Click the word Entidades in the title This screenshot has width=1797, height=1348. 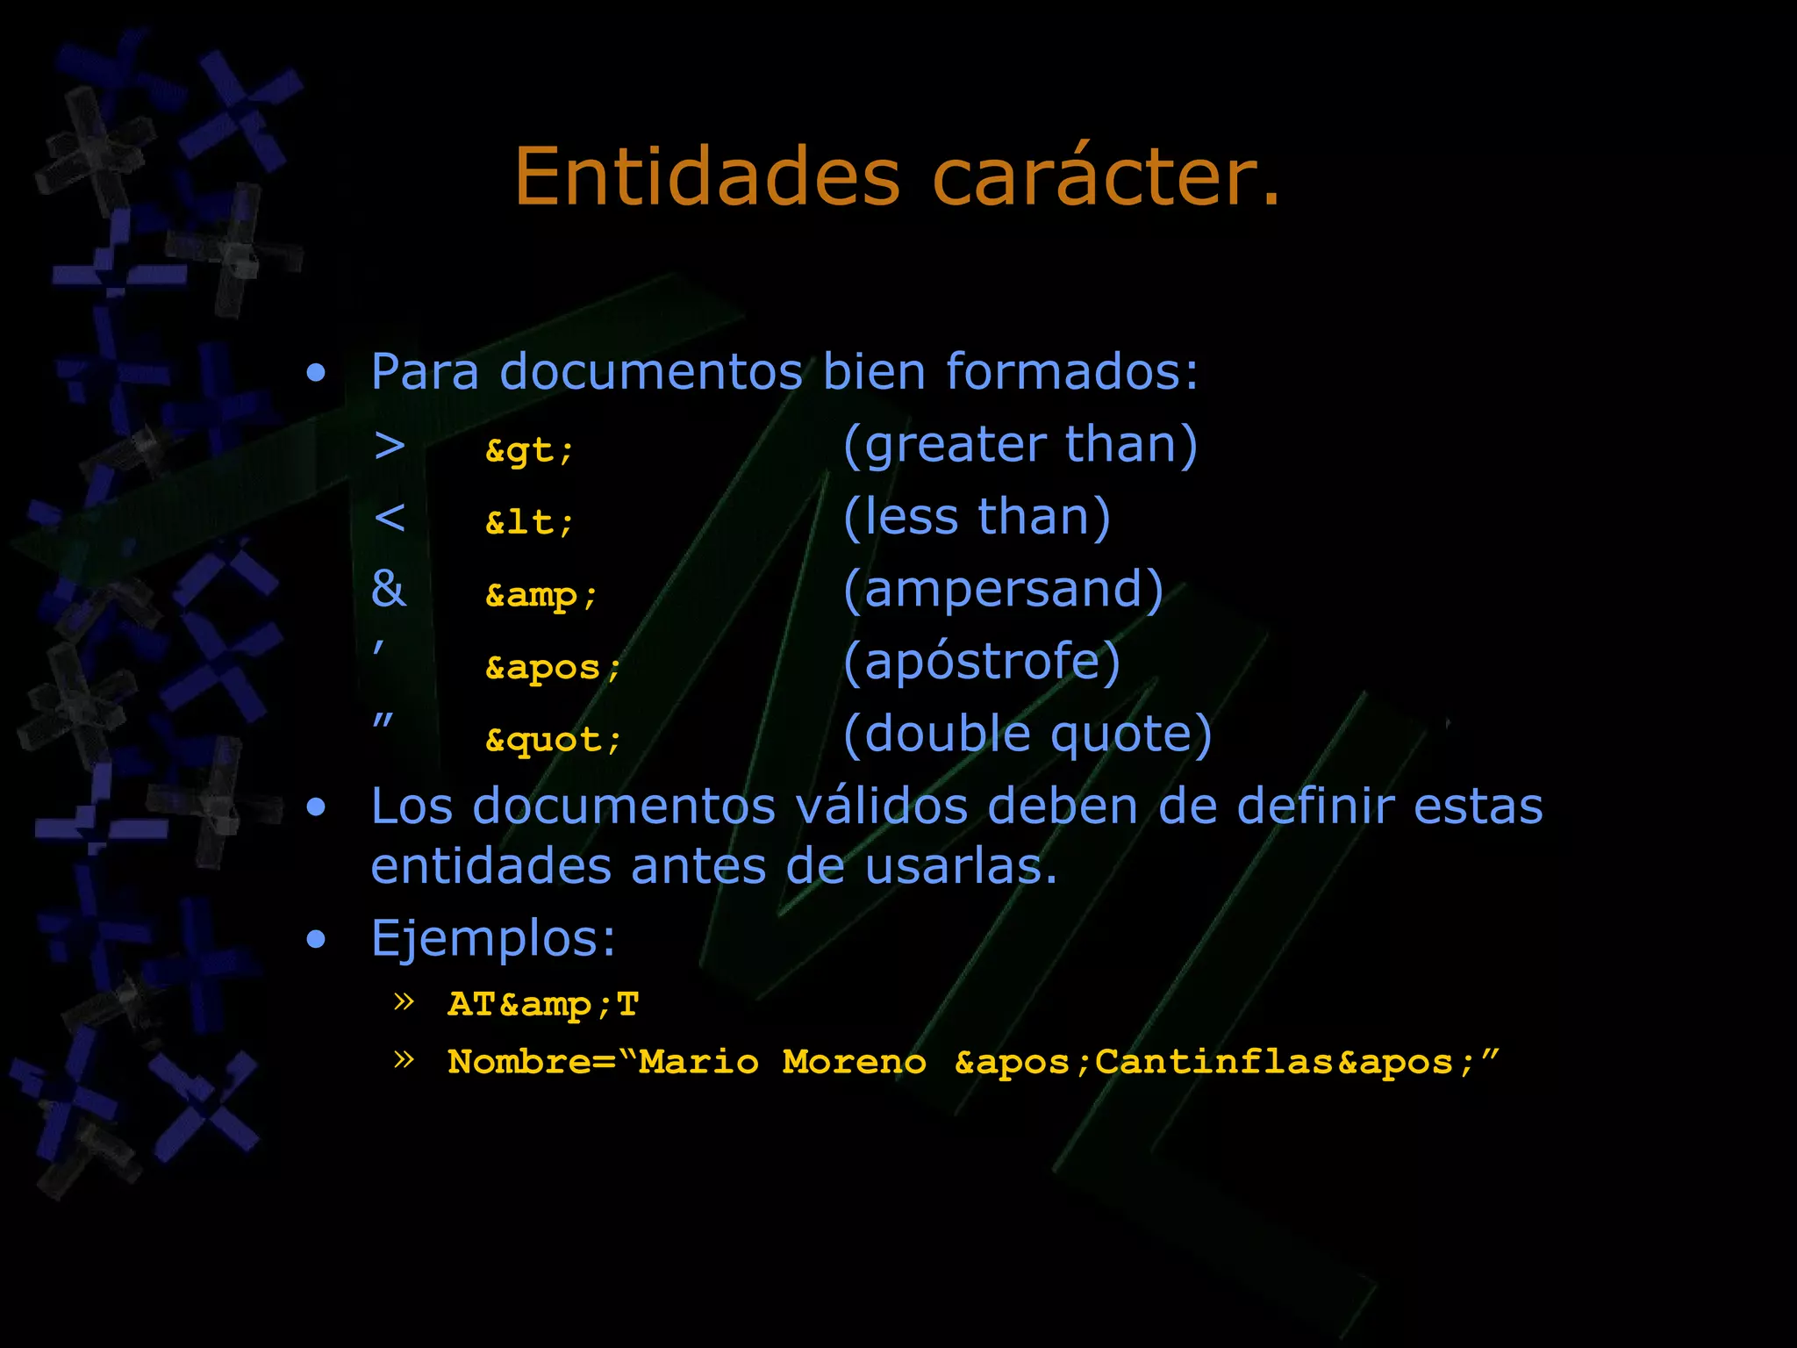706,177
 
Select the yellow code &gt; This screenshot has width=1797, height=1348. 529,451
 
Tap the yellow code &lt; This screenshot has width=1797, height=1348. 529,523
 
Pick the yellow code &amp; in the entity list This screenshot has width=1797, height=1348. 541,596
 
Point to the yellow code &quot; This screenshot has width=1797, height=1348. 553,740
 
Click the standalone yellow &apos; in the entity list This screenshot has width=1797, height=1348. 553,668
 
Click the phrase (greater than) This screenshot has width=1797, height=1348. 1020,445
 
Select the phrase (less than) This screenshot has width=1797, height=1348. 977,517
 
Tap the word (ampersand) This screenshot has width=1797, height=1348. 1003,589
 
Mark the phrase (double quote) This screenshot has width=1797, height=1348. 1027,734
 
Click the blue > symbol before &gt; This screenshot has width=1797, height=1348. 390,446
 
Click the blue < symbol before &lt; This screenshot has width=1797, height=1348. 390,518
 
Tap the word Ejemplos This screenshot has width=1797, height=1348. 493,938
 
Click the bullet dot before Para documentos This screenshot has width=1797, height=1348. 316,374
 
